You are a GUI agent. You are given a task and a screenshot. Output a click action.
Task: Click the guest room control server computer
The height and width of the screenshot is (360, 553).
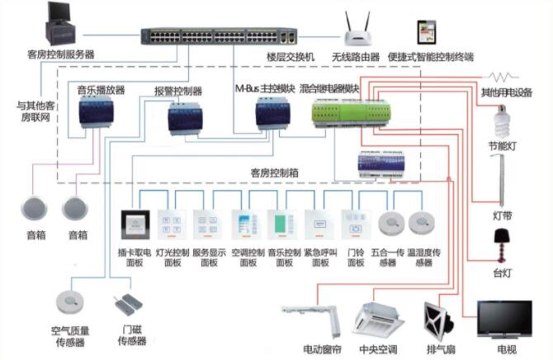click(59, 26)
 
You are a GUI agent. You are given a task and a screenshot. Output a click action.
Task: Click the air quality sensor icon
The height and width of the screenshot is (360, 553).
click(69, 301)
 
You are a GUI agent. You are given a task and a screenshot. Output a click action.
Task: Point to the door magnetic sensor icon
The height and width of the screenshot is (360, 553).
click(127, 303)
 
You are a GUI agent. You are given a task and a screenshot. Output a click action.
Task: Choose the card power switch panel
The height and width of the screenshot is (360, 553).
click(135, 224)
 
